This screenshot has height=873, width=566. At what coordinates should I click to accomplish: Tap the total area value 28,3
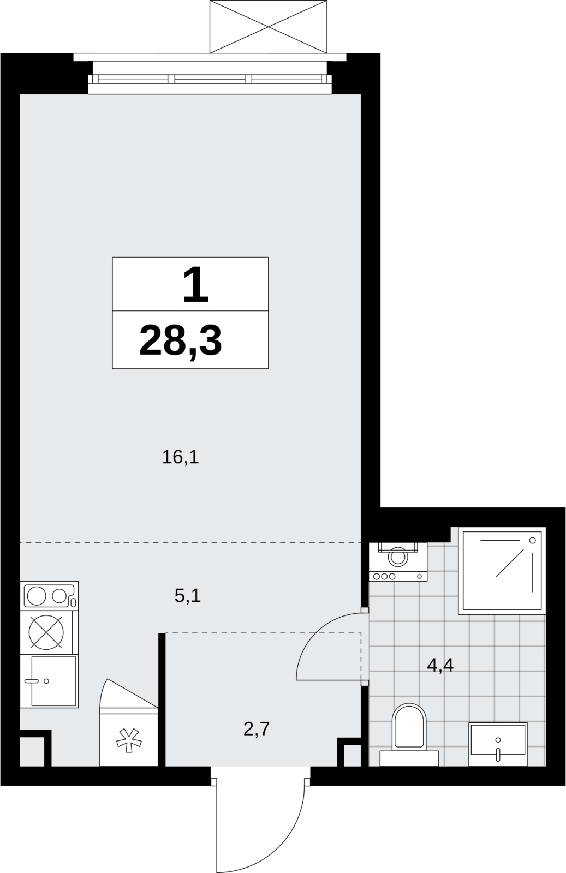click(x=181, y=340)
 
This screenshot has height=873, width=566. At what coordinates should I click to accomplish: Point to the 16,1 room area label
click(x=181, y=457)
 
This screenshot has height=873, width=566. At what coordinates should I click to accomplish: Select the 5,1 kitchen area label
click(x=188, y=595)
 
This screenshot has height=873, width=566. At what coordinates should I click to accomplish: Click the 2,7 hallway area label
click(x=257, y=728)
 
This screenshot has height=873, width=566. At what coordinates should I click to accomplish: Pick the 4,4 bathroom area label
click(x=440, y=665)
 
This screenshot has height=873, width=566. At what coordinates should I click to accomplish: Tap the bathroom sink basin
click(x=498, y=744)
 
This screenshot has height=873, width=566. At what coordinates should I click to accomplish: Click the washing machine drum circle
click(x=398, y=557)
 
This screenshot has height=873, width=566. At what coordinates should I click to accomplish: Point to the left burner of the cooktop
click(x=37, y=596)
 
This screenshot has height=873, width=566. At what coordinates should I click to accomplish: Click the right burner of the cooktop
click(x=59, y=596)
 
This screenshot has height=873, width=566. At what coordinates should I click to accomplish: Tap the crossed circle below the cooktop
click(x=46, y=632)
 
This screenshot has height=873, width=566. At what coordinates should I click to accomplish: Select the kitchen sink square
click(x=53, y=681)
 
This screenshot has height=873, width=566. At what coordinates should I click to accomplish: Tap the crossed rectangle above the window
click(x=268, y=27)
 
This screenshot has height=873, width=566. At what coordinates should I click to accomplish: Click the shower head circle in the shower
click(x=533, y=541)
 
